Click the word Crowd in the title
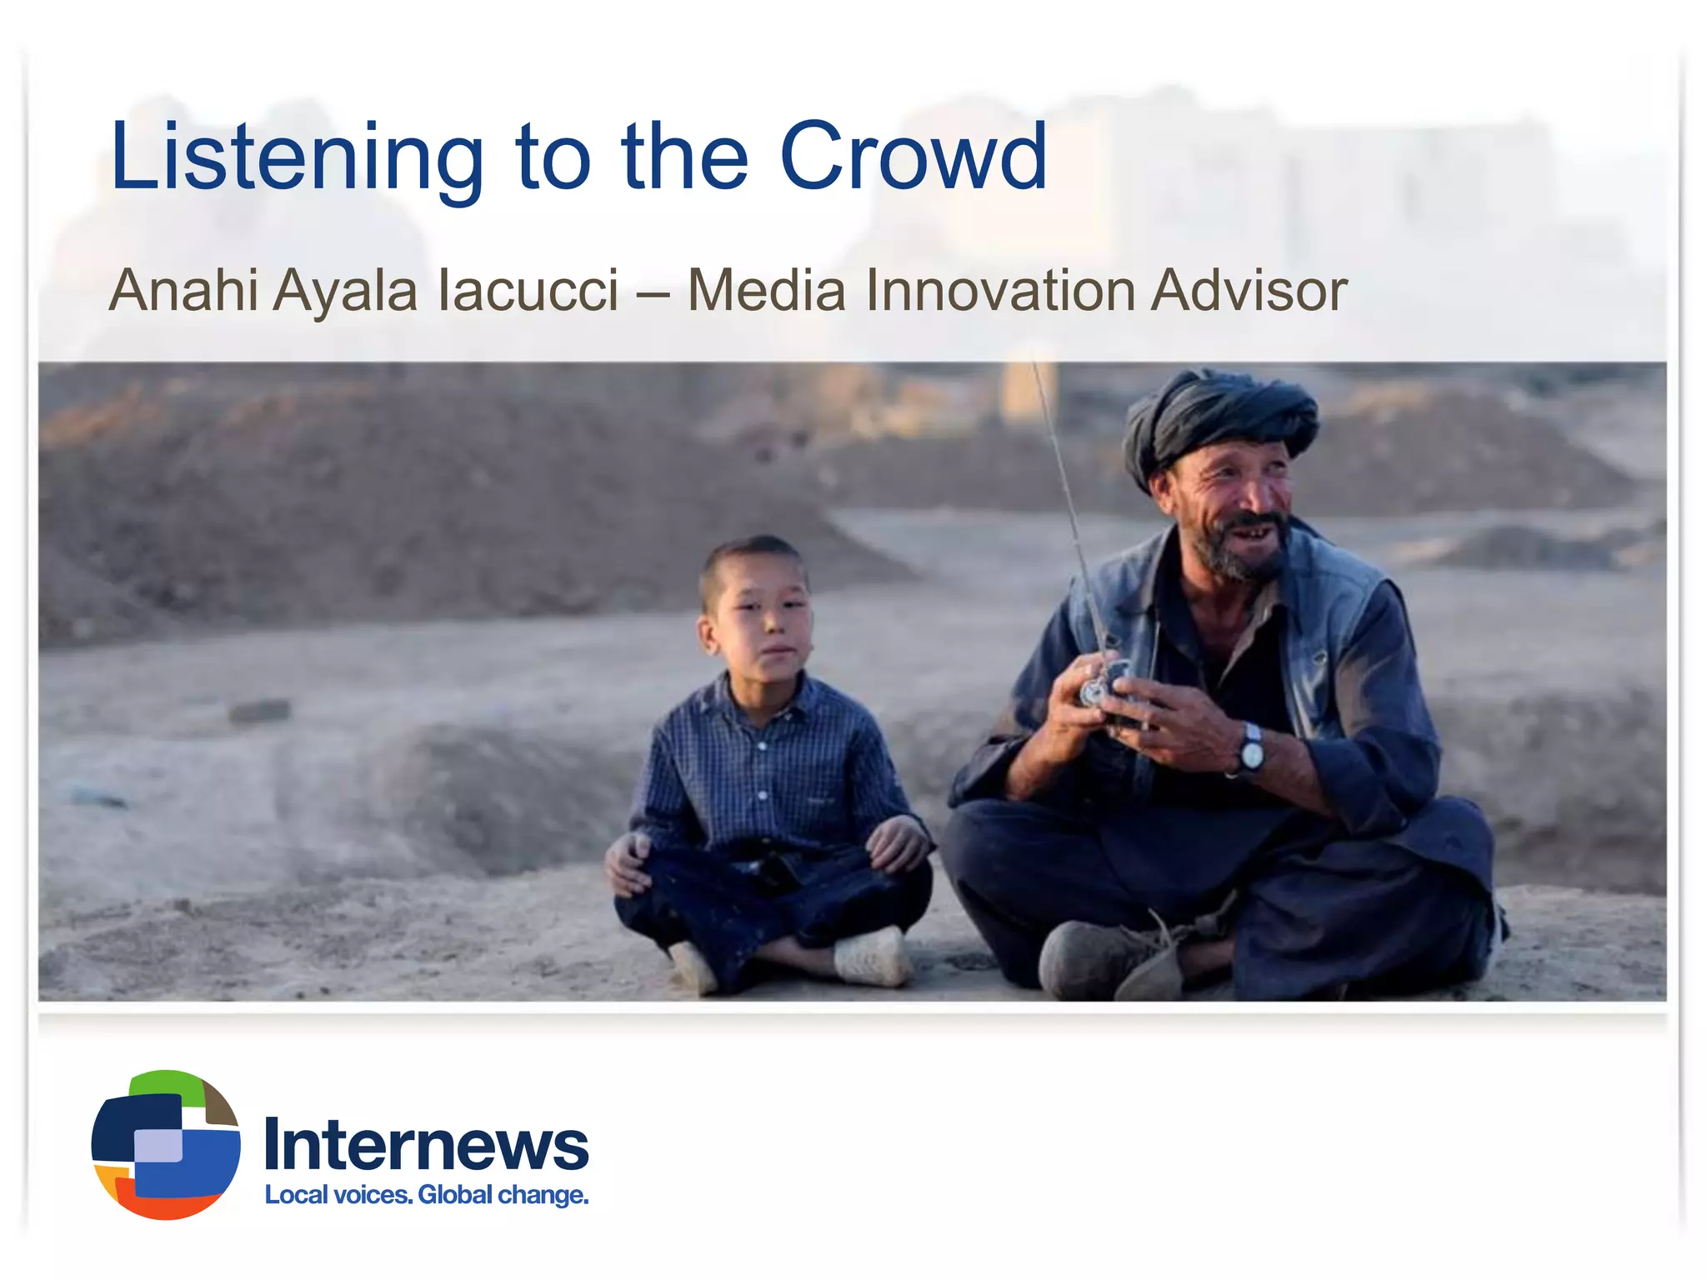(913, 157)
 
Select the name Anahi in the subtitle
(183, 291)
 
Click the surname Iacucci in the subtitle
(528, 291)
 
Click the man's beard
(1234, 554)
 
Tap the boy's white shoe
(871, 958)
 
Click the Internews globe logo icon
(166, 1144)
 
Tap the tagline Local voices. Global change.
(426, 1195)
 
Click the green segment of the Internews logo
(167, 1082)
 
